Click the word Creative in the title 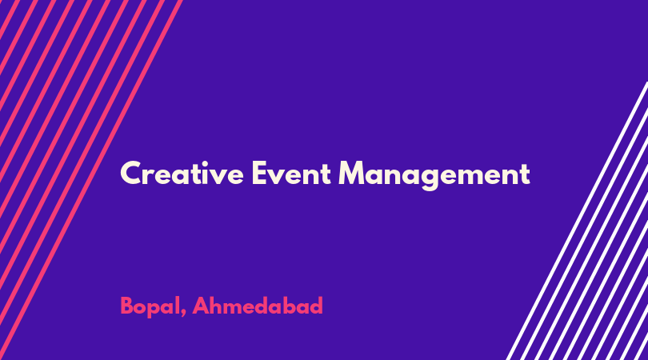182,173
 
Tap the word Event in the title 291,173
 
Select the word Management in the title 434,175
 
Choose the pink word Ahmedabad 258,306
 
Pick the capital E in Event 259,173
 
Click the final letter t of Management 525,174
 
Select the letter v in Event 278,177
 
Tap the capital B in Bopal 127,306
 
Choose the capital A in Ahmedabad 201,306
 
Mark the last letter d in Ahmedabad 316,306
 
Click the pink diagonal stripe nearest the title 91,179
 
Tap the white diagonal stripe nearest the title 577,221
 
